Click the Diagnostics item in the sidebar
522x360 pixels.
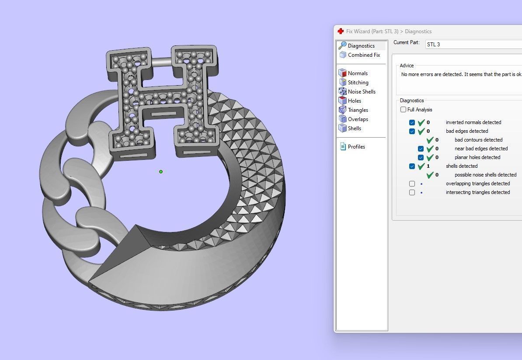pyautogui.click(x=361, y=45)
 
